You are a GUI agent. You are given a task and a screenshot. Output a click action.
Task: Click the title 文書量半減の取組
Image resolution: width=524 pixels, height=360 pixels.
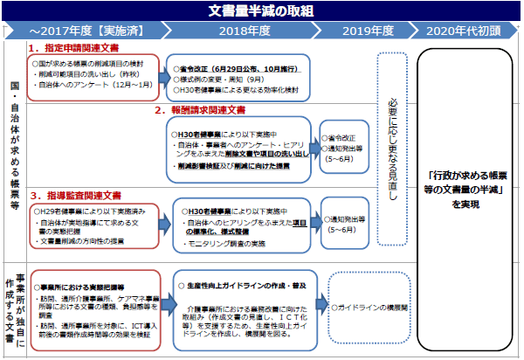pos(262,11)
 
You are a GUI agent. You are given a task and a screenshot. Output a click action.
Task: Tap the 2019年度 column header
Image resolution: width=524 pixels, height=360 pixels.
pos(367,31)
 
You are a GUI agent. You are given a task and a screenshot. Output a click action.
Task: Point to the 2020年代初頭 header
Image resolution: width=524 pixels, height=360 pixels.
pos(465,31)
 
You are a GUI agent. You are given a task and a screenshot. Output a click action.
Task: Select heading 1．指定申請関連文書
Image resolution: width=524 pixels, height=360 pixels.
pos(73,49)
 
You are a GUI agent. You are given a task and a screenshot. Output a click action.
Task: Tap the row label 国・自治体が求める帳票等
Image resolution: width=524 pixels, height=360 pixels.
pos(13,157)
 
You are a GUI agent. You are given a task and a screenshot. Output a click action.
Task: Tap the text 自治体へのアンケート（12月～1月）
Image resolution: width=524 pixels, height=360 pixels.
pos(88,85)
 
